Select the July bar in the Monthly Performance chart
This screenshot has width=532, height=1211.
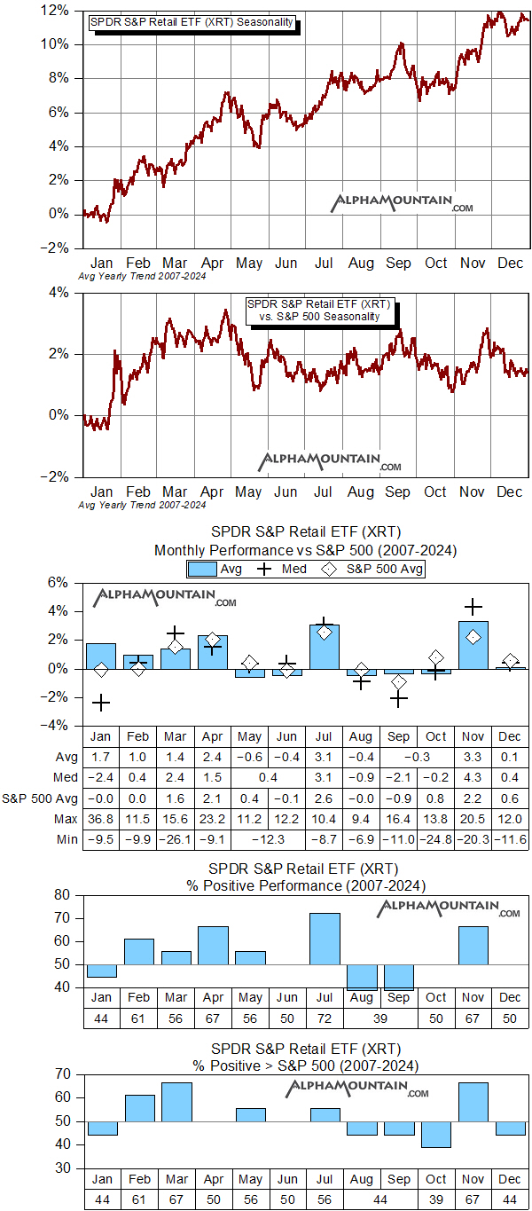pos(325,647)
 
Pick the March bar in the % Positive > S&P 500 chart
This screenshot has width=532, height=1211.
pos(176,1102)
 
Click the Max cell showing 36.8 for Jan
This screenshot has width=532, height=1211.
pos(101,820)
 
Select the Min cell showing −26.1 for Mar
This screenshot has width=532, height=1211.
pos(176,839)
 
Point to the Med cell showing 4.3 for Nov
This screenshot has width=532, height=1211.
pos(473,777)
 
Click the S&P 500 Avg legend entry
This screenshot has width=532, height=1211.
pos(372,569)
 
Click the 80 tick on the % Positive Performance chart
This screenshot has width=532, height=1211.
pos(61,895)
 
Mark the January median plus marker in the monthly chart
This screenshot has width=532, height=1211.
pos(101,703)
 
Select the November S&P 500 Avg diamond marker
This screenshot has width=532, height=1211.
pos(473,637)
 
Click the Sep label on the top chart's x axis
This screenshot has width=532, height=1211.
pos(398,263)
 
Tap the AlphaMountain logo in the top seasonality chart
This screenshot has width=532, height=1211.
pos(403,203)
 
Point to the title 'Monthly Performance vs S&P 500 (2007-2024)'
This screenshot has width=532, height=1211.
pos(305,550)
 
